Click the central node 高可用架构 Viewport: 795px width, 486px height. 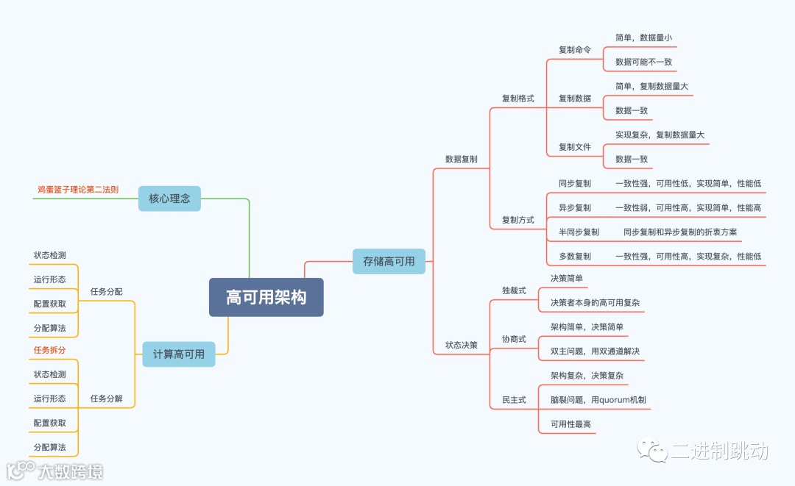click(266, 297)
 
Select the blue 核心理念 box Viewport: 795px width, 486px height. click(169, 198)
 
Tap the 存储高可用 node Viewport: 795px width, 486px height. click(389, 261)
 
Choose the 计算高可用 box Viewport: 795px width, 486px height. click(179, 354)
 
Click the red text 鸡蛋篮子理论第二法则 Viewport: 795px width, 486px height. click(78, 190)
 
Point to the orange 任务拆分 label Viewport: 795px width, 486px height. click(49, 350)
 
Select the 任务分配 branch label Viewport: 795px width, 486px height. click(107, 291)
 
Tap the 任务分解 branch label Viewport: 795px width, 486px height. click(107, 399)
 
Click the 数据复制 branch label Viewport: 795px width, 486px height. click(462, 159)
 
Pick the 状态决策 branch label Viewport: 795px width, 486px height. click(462, 345)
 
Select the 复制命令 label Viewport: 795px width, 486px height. click(575, 50)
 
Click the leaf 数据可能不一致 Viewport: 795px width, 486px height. click(643, 62)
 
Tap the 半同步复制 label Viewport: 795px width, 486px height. click(579, 232)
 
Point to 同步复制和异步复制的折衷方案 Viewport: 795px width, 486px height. click(680, 232)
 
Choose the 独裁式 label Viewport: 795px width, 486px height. click(514, 290)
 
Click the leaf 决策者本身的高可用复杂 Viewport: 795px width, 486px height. click(596, 303)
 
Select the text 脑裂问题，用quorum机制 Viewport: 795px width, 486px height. click(598, 400)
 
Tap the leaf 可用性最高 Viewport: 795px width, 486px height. click(570, 424)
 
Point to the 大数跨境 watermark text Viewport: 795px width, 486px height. click(71, 471)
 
